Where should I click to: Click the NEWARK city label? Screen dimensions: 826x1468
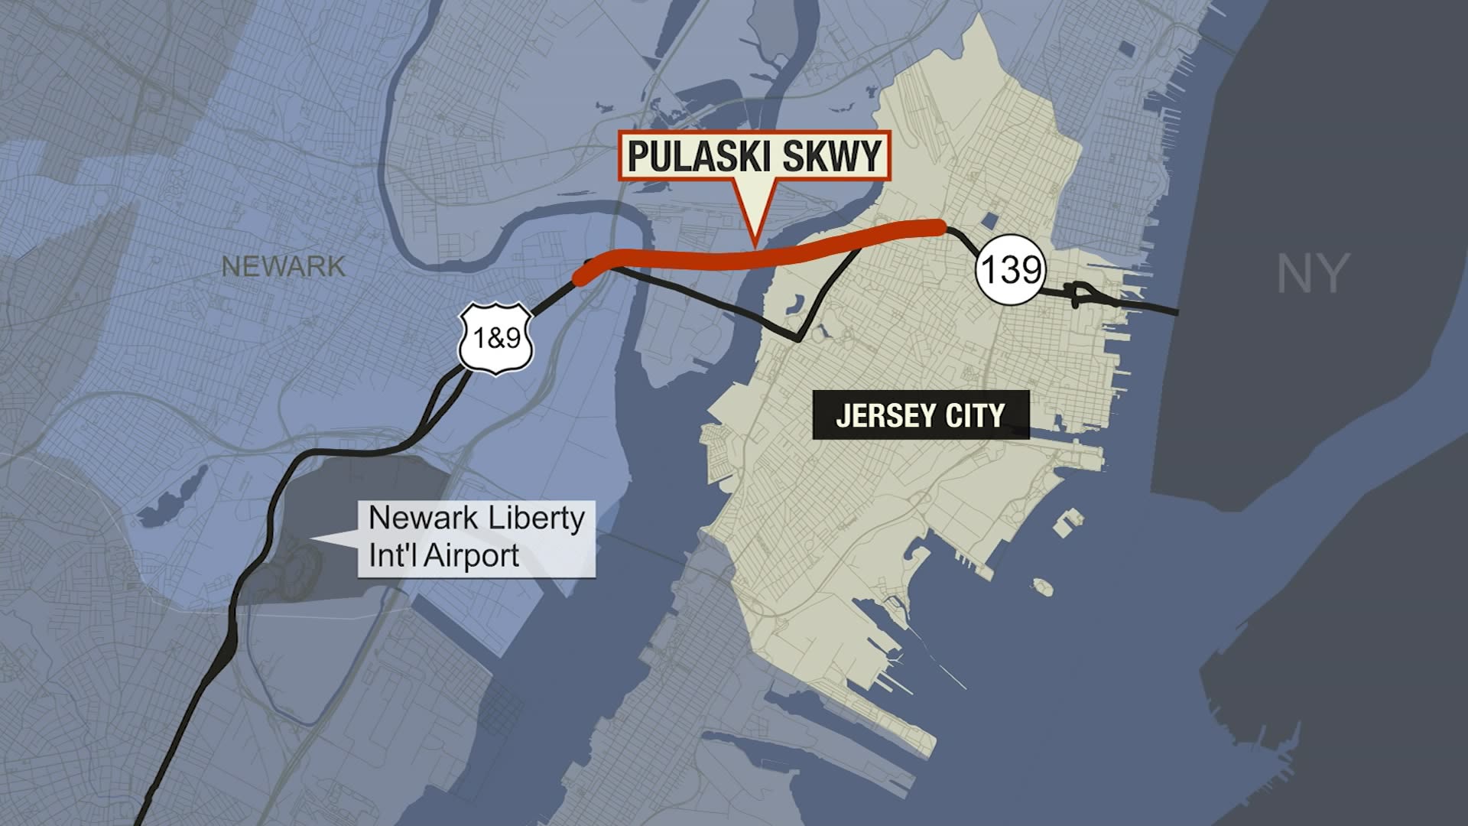click(x=283, y=267)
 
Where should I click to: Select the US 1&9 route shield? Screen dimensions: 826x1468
click(x=495, y=337)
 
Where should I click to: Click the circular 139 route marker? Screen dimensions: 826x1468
click(x=1009, y=269)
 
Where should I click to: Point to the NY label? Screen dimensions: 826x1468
click(x=1311, y=274)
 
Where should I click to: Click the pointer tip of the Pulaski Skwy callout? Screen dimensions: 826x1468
click(x=755, y=246)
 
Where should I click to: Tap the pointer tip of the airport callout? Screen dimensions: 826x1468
click(x=312, y=541)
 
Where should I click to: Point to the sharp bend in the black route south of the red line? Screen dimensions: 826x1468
click(x=798, y=339)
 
